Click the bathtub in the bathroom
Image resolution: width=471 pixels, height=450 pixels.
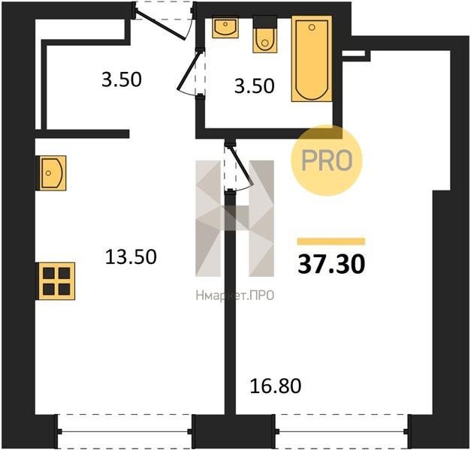tap(312, 58)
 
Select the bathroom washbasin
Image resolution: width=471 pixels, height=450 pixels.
tap(225, 28)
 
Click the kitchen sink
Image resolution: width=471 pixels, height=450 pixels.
tap(51, 173)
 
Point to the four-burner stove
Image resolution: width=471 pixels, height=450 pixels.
tap(56, 281)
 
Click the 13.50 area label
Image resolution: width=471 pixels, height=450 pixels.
tap(131, 257)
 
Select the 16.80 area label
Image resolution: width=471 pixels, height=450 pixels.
tap(276, 386)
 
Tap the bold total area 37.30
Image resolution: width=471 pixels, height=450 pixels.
tap(331, 264)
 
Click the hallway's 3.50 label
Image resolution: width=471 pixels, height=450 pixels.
tap(122, 80)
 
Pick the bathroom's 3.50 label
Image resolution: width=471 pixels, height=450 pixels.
tap(255, 86)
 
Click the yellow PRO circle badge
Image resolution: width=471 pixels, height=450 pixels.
tap(327, 160)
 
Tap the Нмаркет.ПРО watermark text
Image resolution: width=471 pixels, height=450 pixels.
tap(235, 296)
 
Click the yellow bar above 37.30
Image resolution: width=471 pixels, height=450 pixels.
tap(331, 241)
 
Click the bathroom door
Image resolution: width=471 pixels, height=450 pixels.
tap(190, 73)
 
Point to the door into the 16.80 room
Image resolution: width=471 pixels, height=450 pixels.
tap(239, 166)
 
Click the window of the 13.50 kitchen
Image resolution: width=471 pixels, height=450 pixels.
tap(125, 431)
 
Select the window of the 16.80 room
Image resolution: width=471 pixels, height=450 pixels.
tap(342, 431)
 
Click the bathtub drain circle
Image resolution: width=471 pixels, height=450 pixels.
tap(312, 28)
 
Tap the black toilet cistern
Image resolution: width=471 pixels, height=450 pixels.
tap(264, 22)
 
